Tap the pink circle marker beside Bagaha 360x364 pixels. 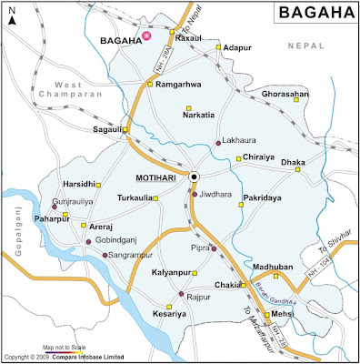146,35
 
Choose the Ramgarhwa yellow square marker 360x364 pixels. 151,86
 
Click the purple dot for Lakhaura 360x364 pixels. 218,143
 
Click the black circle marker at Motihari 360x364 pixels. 195,177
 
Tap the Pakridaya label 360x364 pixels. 271,197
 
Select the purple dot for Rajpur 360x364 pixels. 182,294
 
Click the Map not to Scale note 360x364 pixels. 68,347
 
